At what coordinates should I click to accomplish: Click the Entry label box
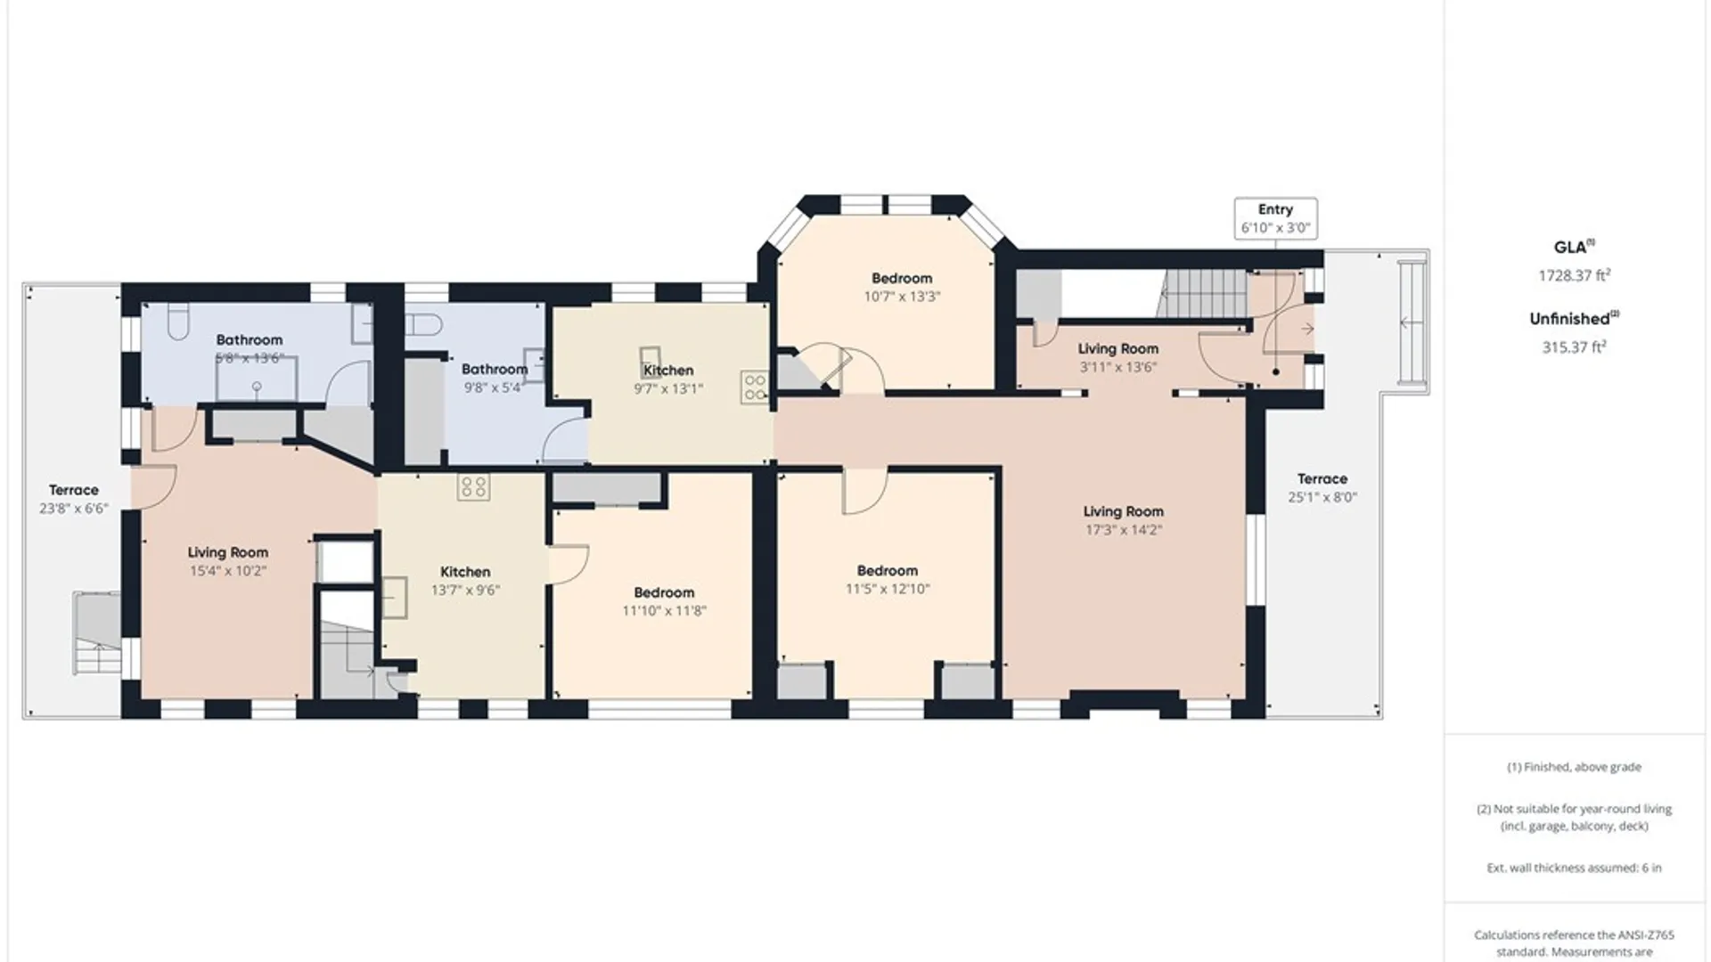[x=1275, y=218]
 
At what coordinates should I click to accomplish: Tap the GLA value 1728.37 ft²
[x=1574, y=275]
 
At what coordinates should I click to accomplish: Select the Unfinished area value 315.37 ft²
[x=1574, y=346]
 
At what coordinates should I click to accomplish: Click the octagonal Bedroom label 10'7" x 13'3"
[x=902, y=287]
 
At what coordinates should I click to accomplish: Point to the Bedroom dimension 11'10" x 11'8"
[x=664, y=611]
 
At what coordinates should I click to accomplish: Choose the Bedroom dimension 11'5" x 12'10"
[x=888, y=589]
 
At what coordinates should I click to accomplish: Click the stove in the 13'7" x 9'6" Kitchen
[x=473, y=486]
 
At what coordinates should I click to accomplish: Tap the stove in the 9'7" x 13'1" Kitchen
[x=754, y=387]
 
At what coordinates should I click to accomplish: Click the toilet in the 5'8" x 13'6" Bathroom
[x=176, y=321]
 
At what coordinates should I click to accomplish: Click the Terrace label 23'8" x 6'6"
[x=74, y=499]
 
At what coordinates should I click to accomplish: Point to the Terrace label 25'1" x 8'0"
[x=1322, y=488]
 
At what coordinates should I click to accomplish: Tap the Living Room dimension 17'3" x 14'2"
[x=1123, y=530]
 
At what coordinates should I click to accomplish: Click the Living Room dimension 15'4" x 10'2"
[x=227, y=571]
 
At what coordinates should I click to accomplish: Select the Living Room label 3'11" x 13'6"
[x=1117, y=357]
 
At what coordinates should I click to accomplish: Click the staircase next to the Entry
[x=1203, y=293]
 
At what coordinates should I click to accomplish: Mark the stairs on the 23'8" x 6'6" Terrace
[x=96, y=633]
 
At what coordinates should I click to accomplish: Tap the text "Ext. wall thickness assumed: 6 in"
[x=1574, y=868]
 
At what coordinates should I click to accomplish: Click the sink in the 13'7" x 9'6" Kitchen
[x=395, y=597]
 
